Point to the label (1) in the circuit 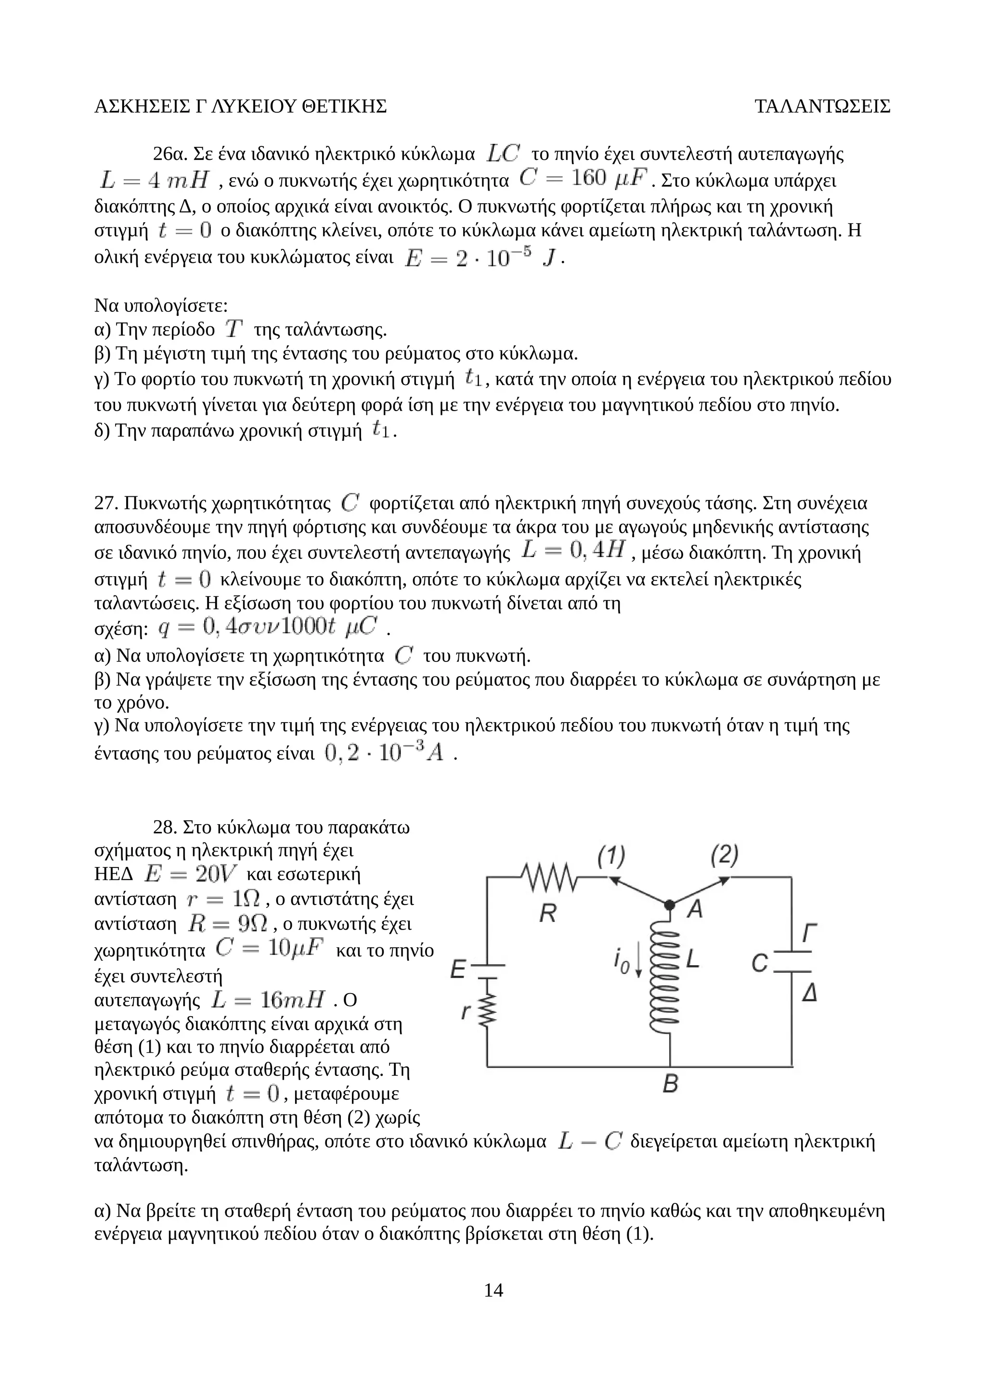coord(610,857)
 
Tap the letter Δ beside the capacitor coord(809,994)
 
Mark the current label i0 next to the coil coord(621,961)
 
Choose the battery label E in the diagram coord(458,969)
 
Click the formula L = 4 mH coord(155,181)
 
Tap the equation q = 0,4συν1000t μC coord(267,628)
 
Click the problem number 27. coord(105,503)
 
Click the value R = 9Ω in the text coord(227,924)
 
